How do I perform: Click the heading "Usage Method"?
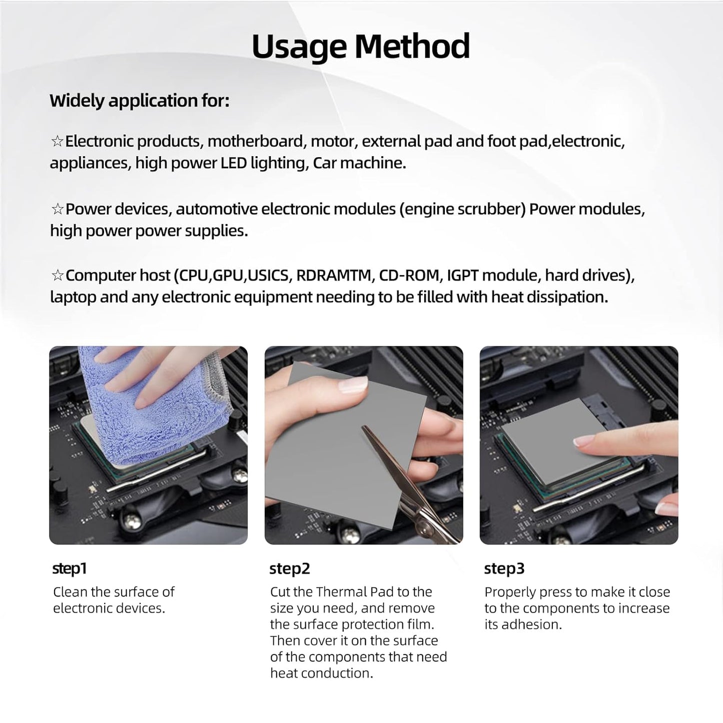click(361, 46)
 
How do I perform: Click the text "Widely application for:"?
click(139, 101)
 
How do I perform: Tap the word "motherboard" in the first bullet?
click(255, 141)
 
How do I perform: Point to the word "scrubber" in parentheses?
click(492, 209)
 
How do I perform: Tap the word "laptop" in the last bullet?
click(74, 297)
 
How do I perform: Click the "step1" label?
click(70, 568)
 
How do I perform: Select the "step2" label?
click(290, 568)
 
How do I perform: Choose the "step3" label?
click(504, 568)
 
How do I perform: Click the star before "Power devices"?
click(57, 209)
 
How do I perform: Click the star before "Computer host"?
click(57, 276)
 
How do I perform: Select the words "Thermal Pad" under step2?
click(355, 592)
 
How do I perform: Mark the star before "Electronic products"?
click(57, 142)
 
